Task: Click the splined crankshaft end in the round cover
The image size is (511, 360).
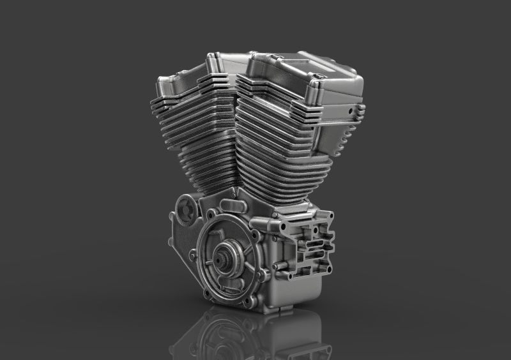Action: [x=225, y=261]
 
